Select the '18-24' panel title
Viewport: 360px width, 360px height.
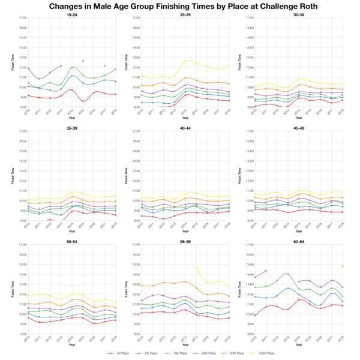click(x=71, y=13)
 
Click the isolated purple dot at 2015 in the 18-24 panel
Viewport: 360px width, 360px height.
click(x=83, y=61)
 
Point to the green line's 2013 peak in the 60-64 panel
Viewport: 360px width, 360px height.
click(x=287, y=274)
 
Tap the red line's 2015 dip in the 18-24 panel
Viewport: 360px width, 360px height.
click(x=83, y=101)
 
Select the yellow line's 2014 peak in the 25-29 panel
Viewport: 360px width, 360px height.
click(x=187, y=60)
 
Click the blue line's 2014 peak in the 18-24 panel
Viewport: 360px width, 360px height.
click(x=72, y=76)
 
